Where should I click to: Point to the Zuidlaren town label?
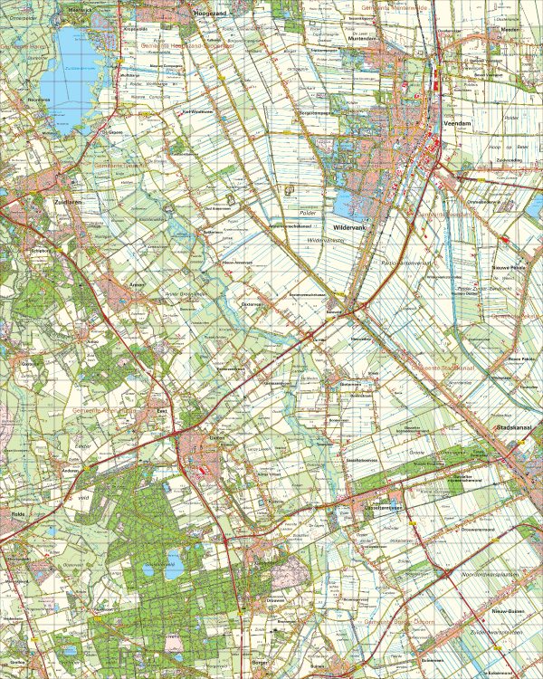[69, 203]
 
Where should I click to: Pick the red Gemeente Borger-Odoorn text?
[398, 625]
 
